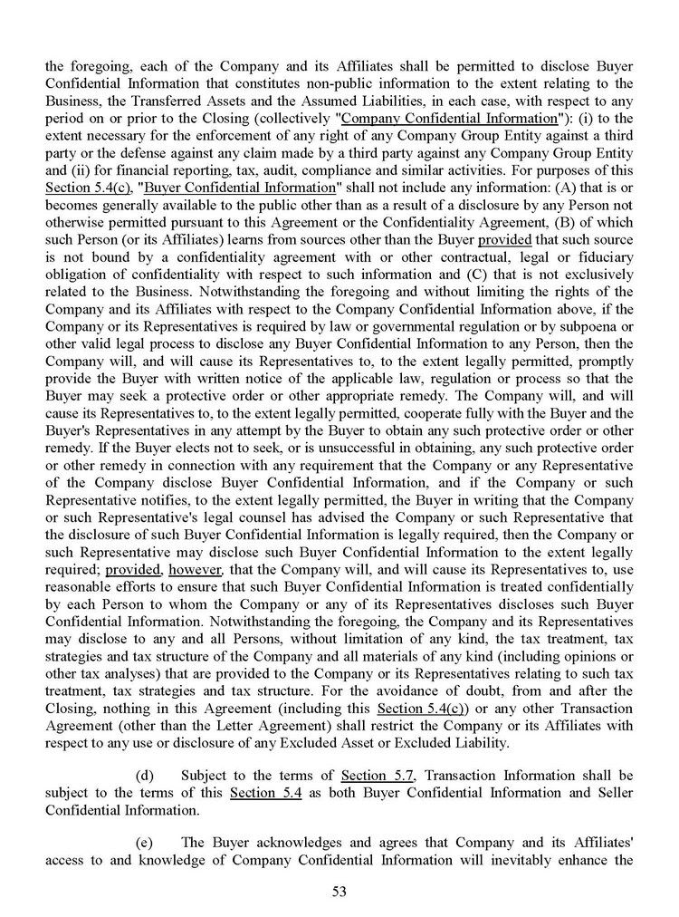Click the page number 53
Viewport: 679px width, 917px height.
tap(339, 891)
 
